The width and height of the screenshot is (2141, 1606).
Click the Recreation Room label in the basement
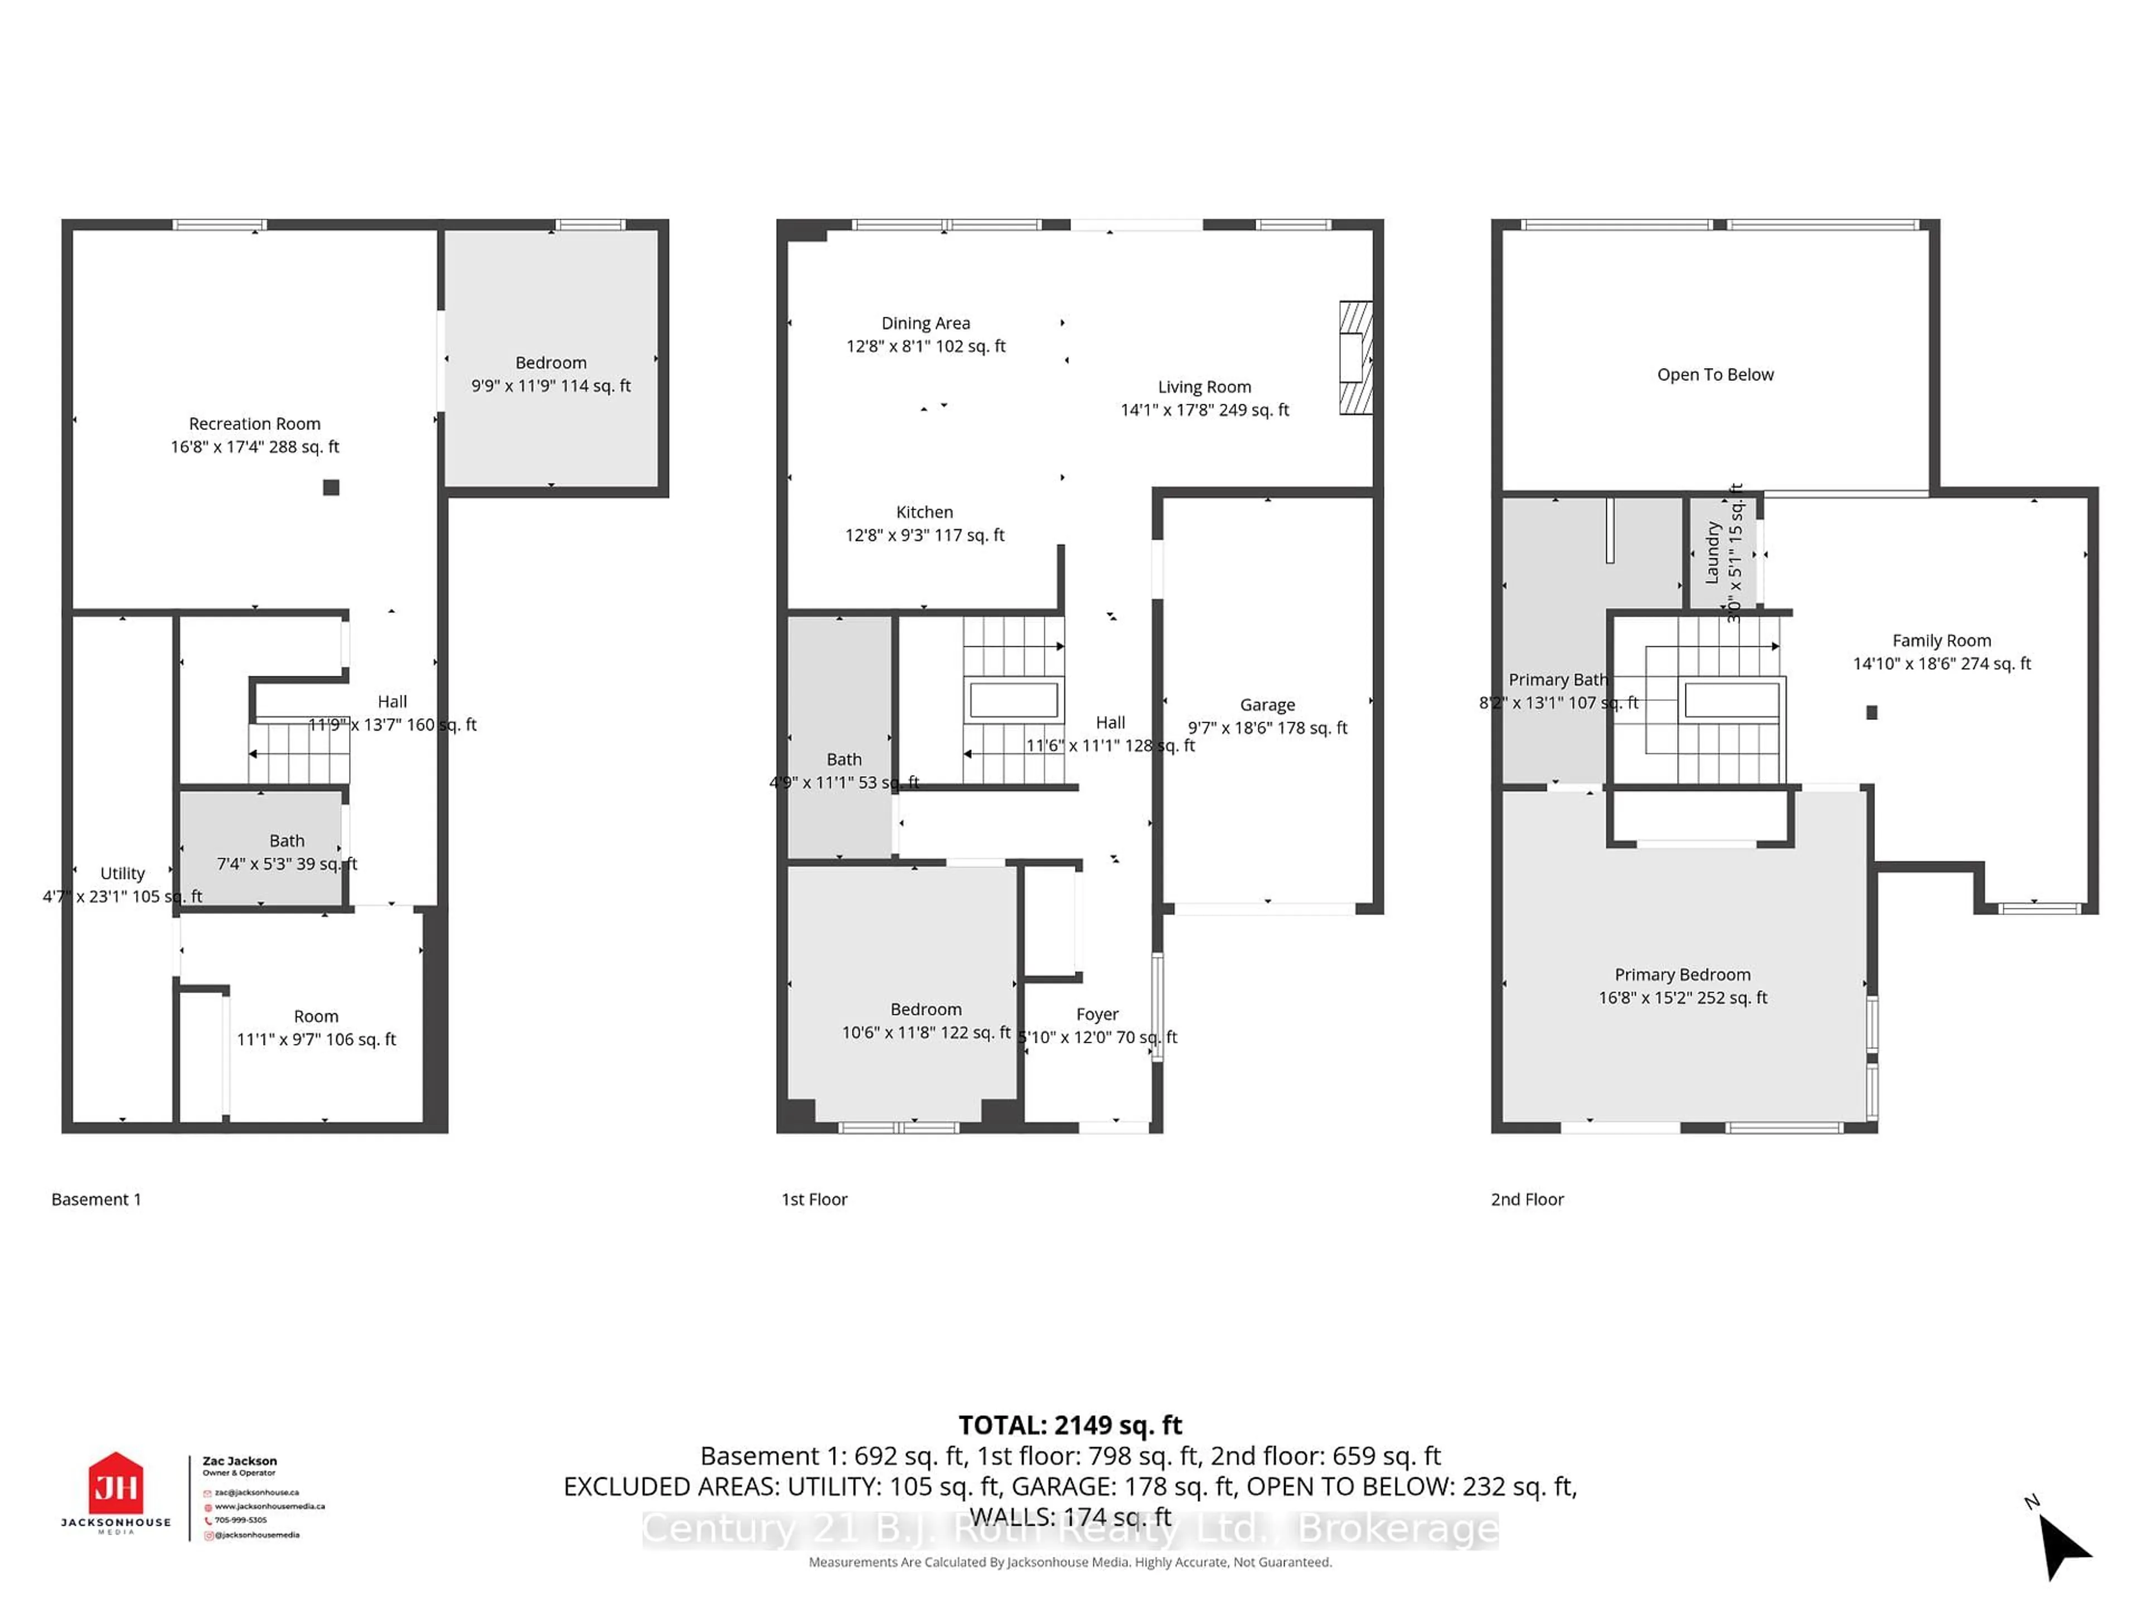point(255,424)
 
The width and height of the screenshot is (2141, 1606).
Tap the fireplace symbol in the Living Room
point(1355,358)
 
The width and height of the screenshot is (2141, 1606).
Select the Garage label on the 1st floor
point(1267,705)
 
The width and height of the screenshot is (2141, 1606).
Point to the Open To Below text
point(1715,375)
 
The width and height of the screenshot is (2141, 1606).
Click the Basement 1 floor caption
point(96,1199)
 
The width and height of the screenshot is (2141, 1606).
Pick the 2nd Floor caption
point(1527,1199)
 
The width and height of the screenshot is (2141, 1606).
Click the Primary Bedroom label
point(1682,975)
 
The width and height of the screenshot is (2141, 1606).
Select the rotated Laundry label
point(1711,553)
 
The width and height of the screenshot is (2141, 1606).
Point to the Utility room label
point(122,873)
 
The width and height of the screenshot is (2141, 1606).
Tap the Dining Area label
point(926,323)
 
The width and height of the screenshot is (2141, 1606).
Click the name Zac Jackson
point(239,1461)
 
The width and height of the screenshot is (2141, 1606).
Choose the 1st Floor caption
point(814,1199)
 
